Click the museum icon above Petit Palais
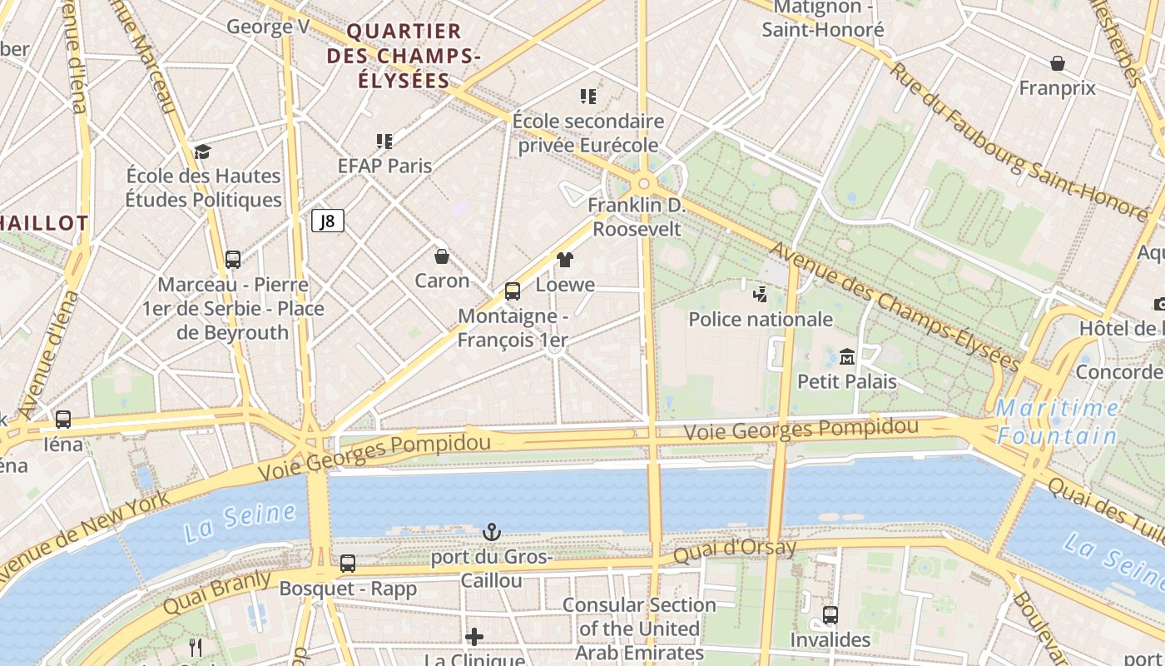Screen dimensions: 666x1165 point(847,356)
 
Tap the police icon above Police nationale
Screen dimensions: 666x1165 point(760,294)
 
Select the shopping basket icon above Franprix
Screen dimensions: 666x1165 point(1057,63)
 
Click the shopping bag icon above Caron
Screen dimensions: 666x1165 point(442,256)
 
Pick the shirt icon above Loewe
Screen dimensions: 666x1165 point(565,260)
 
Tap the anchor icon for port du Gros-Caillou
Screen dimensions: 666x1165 point(492,531)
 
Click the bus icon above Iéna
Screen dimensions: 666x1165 point(63,420)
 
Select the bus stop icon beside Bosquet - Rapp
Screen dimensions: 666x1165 point(348,564)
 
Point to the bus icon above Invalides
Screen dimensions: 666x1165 point(830,615)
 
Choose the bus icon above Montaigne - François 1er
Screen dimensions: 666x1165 point(513,291)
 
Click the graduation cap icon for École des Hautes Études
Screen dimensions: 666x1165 point(203,152)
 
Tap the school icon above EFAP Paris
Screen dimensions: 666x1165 point(384,141)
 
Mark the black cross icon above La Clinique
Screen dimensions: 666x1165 point(474,637)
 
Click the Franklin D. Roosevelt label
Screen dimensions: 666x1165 point(637,217)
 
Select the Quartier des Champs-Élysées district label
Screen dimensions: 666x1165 point(404,56)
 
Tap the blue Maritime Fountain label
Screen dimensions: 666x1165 point(1058,421)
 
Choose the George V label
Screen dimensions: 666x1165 point(268,27)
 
